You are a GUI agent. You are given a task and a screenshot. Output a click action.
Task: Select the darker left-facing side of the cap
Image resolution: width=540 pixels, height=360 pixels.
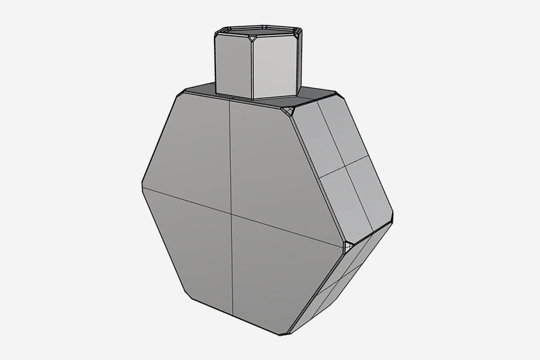click(232, 64)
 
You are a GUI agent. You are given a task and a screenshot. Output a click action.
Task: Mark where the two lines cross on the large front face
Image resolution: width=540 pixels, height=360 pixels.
click(231, 215)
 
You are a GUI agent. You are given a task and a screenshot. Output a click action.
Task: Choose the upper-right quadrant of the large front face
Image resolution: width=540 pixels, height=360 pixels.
click(270, 167)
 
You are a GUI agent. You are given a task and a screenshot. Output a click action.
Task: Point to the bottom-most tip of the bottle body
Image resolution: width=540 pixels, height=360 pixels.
click(287, 334)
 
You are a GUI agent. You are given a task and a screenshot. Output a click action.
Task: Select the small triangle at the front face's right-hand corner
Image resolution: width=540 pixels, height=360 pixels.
click(348, 246)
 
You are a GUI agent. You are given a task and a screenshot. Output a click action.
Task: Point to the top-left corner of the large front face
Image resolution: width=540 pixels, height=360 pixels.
click(182, 93)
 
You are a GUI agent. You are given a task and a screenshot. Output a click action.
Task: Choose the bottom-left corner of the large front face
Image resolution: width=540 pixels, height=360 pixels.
click(186, 296)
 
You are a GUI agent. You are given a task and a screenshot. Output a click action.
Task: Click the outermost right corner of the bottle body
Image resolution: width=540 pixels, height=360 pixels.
click(393, 215)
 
